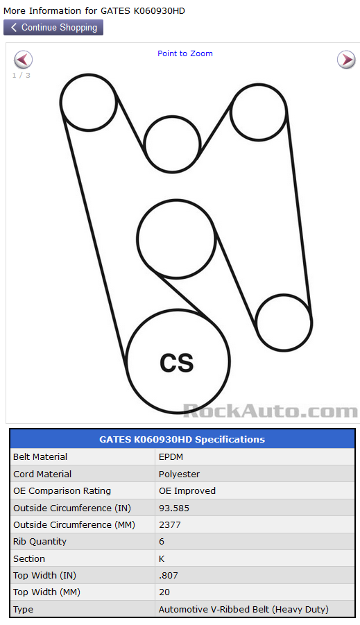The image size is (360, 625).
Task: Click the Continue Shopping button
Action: pyautogui.click(x=53, y=28)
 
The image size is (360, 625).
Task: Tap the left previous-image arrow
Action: pyautogui.click(x=23, y=60)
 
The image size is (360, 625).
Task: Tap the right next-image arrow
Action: pyautogui.click(x=346, y=60)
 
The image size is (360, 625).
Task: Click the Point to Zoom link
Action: pyautogui.click(x=185, y=53)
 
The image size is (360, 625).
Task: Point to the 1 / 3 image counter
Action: pyautogui.click(x=21, y=76)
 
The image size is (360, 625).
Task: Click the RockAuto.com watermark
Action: pyautogui.click(x=271, y=411)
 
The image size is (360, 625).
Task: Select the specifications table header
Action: pyautogui.click(x=182, y=439)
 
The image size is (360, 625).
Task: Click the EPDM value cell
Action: pyautogui.click(x=171, y=457)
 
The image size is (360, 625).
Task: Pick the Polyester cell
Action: pyautogui.click(x=180, y=474)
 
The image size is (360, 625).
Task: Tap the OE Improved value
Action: pyautogui.click(x=187, y=490)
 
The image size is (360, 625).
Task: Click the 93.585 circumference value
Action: pyautogui.click(x=174, y=508)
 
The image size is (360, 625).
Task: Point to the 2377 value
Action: pyautogui.click(x=170, y=524)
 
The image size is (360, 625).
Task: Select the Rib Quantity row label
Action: pyautogui.click(x=40, y=541)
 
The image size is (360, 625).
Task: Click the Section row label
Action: pyautogui.click(x=29, y=558)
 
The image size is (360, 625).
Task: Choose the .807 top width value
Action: pyautogui.click(x=169, y=575)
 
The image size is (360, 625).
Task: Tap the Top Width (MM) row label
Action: pyautogui.click(x=46, y=592)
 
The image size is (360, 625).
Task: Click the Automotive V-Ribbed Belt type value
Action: pyautogui.click(x=243, y=609)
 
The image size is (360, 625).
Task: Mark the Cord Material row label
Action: pyautogui.click(x=42, y=474)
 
